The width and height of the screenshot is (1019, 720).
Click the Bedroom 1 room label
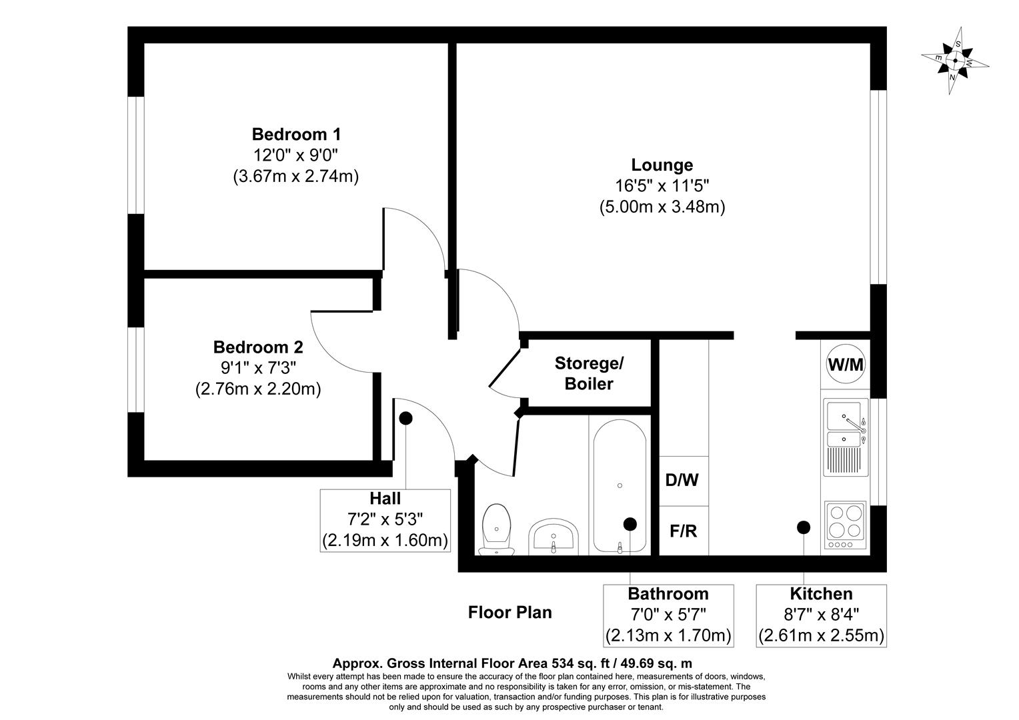coord(296,134)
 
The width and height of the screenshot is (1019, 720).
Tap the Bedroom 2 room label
coord(258,347)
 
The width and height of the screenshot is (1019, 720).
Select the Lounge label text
coord(662,165)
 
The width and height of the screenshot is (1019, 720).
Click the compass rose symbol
coord(955,61)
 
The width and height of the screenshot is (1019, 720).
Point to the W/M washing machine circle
coord(845,365)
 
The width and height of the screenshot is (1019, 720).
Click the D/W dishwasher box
coord(683,480)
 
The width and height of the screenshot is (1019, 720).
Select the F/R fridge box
coord(683,531)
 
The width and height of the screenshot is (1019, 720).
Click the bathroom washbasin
coord(553,537)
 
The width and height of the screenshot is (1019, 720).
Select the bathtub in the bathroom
coord(620,485)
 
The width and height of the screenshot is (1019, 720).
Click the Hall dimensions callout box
coord(385,520)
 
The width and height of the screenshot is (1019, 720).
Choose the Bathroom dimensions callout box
coord(668,615)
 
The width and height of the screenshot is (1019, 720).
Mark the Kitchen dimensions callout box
coord(821,615)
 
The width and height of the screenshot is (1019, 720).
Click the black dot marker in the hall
coord(405,418)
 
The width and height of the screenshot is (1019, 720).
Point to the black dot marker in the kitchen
coord(804,527)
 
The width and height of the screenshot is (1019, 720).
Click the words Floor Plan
coord(510,612)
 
